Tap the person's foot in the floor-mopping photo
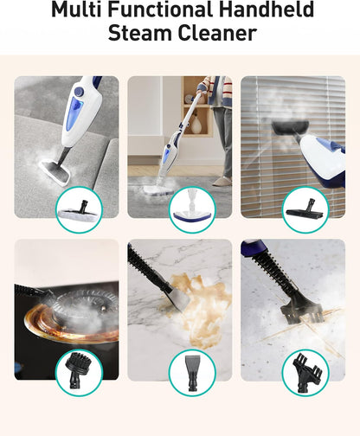(x=222, y=182)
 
